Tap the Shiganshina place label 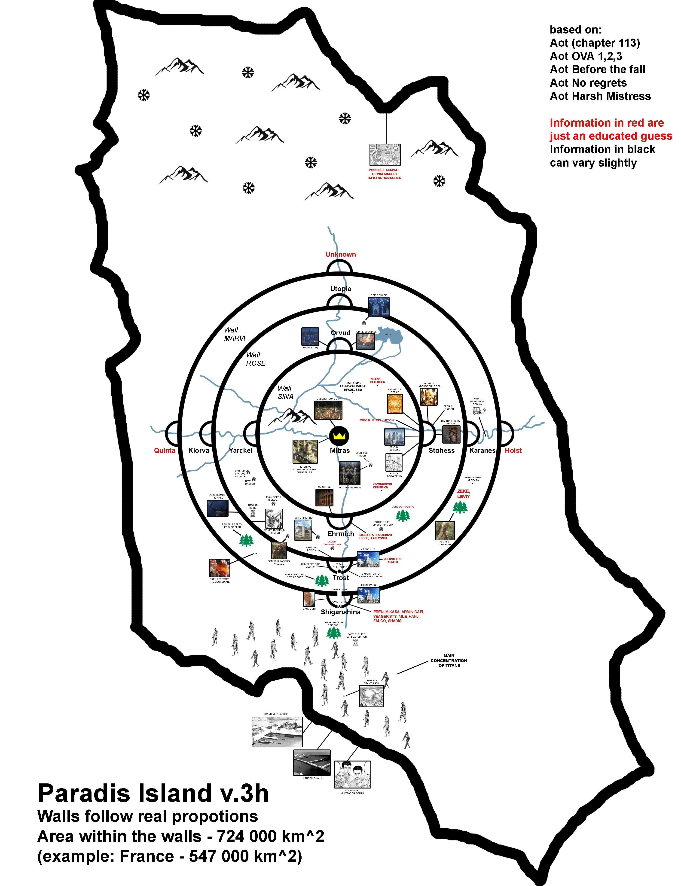tap(341, 612)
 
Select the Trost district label tap(341, 578)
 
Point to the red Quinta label tap(165, 451)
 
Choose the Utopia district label tap(341, 289)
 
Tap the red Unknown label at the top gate tap(341, 255)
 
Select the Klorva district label tap(199, 451)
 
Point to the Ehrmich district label tap(341, 534)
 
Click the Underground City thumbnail tap(328, 410)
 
